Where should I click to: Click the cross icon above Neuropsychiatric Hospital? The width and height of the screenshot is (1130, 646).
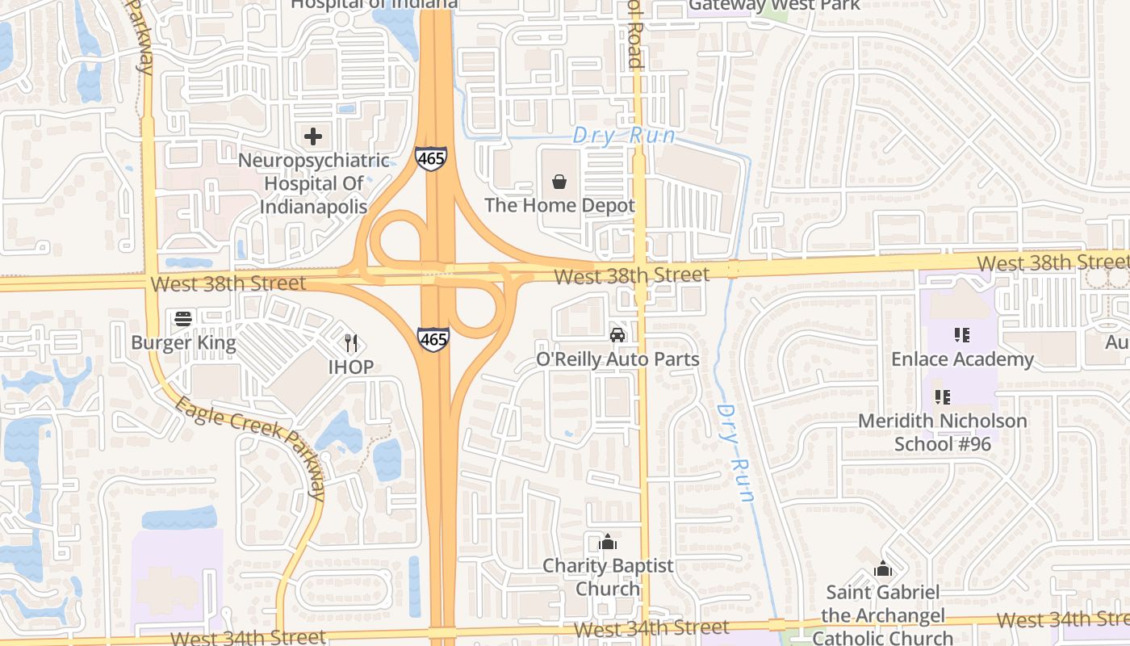[x=313, y=136]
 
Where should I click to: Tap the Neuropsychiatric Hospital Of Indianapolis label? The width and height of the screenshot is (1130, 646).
[x=313, y=183]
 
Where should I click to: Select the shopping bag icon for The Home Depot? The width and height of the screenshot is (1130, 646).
[x=559, y=182]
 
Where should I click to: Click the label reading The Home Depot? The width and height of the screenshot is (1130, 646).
[x=559, y=205]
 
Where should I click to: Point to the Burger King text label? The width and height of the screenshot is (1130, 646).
[x=183, y=342]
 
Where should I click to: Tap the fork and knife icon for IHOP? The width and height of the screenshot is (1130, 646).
[x=350, y=343]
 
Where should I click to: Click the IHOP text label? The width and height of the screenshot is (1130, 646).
[x=350, y=367]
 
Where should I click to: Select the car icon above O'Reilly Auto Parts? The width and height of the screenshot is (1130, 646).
[x=617, y=334]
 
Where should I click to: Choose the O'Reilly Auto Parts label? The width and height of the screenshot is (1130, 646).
[x=617, y=359]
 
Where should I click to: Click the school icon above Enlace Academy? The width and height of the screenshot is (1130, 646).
[x=961, y=334]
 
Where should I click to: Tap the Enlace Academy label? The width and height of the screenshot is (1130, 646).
[x=962, y=359]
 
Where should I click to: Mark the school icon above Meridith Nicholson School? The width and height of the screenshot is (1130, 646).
[x=942, y=396]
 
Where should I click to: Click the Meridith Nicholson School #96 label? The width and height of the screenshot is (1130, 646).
[x=942, y=432]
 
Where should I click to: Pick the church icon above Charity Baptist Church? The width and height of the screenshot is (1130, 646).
[x=608, y=542]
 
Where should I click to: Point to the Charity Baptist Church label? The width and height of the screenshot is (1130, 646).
[x=608, y=577]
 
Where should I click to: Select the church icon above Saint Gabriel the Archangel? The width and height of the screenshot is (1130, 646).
[x=883, y=568]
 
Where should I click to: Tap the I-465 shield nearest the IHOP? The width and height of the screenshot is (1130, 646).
[x=433, y=340]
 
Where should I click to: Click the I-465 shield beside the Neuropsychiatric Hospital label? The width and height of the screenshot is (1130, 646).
[x=431, y=158]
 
